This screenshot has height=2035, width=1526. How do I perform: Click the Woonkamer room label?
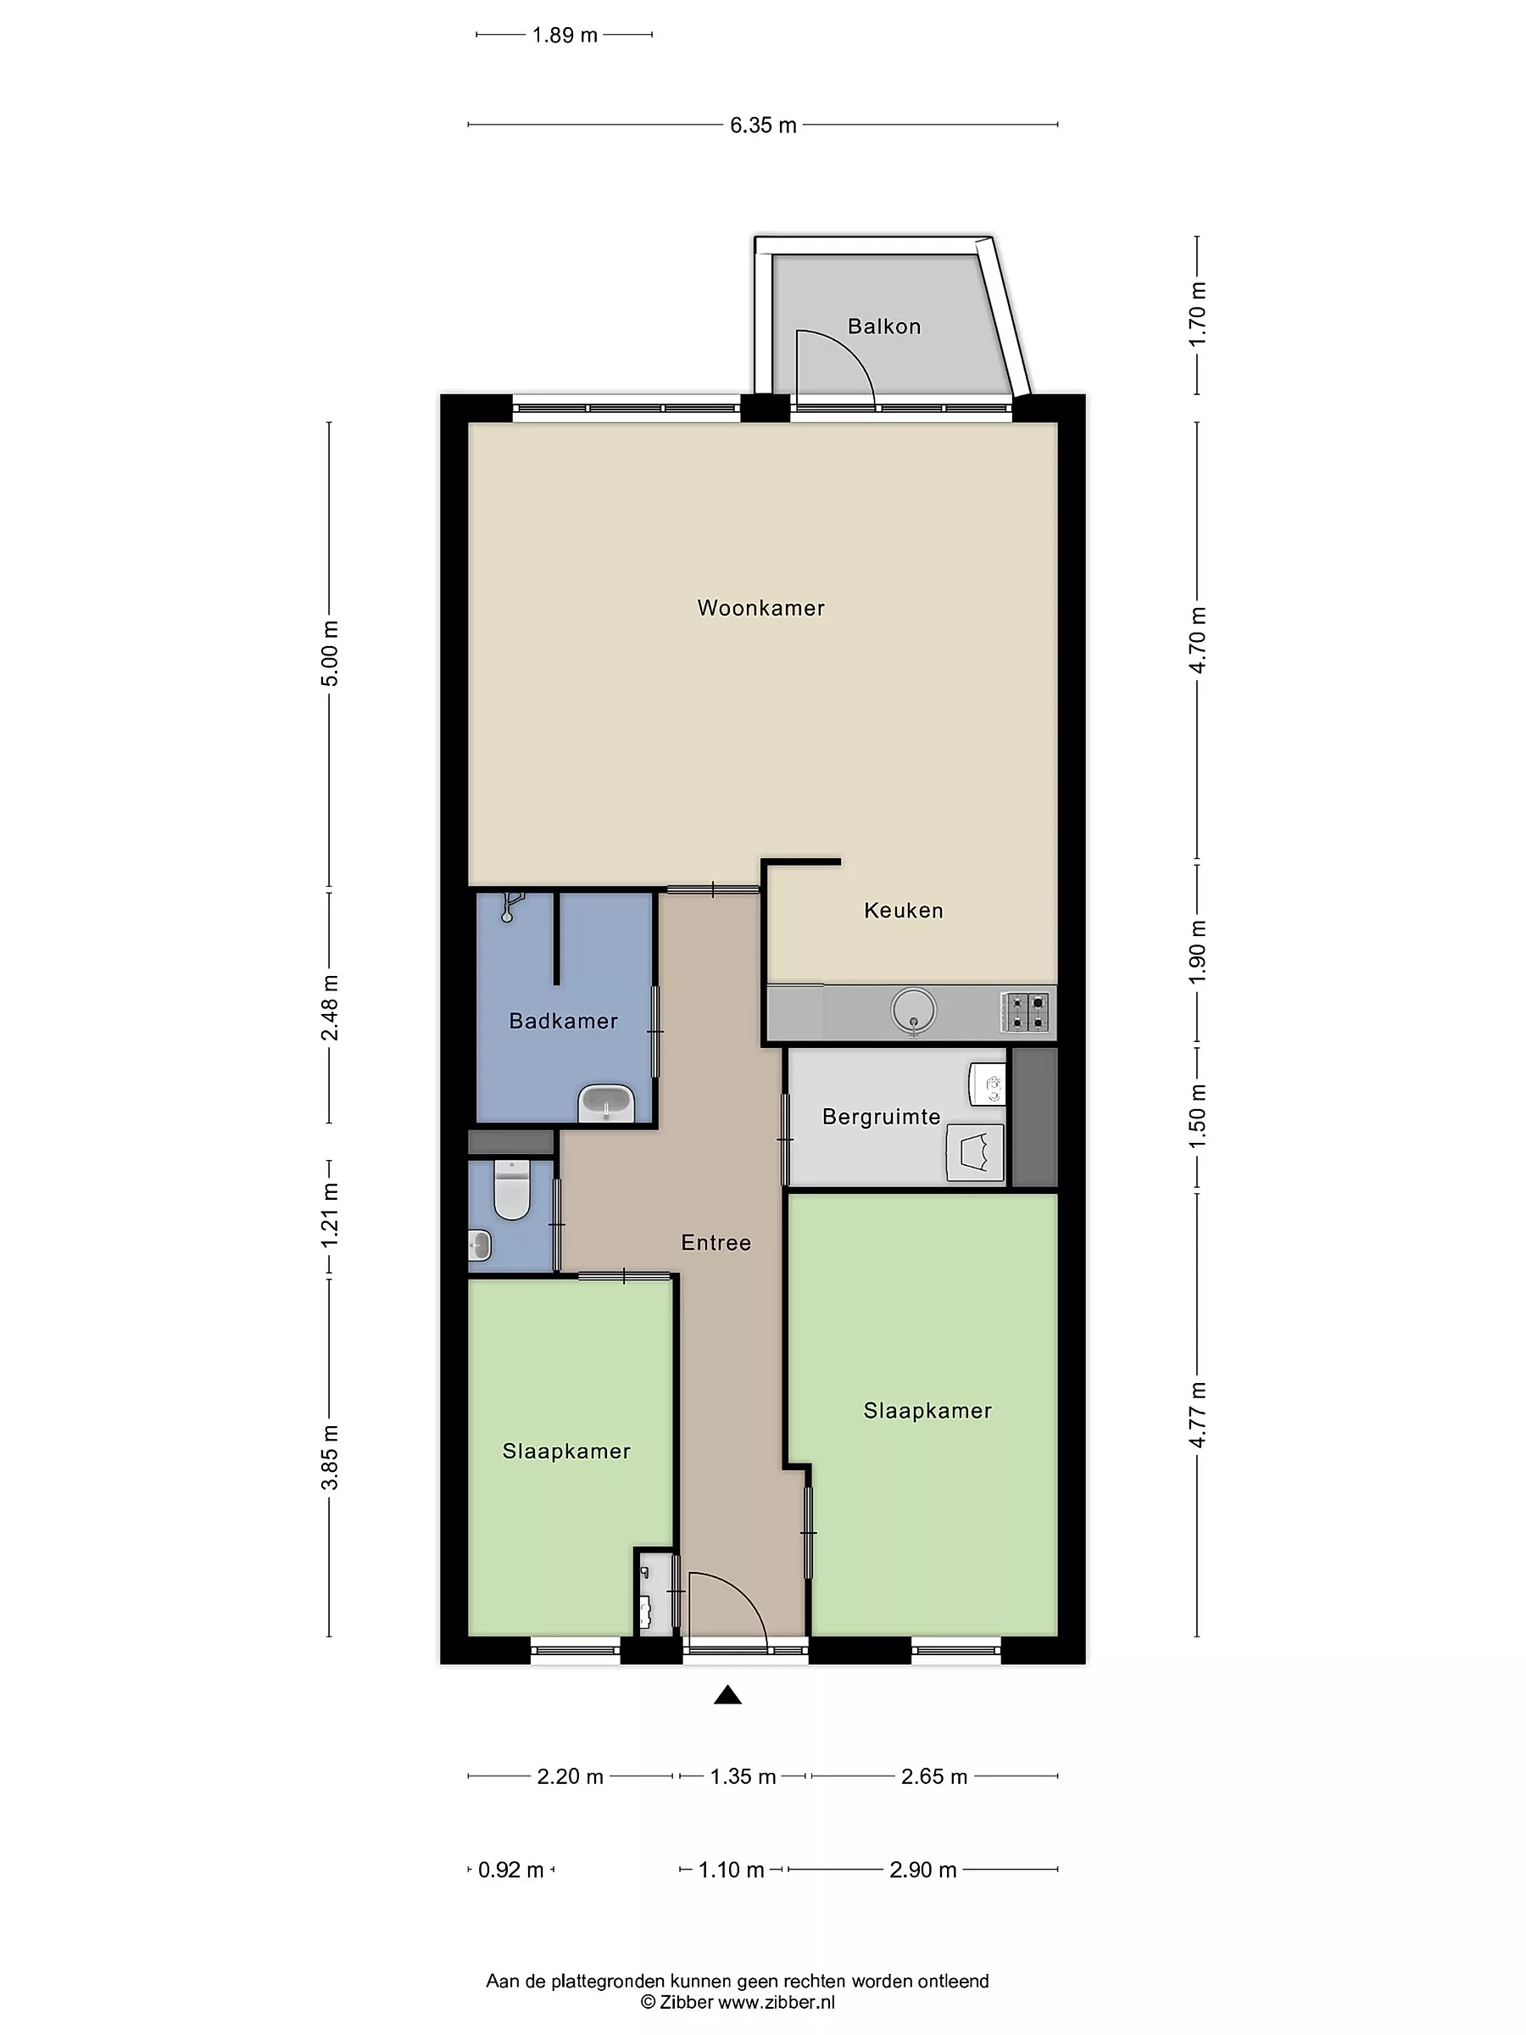pyautogui.click(x=760, y=608)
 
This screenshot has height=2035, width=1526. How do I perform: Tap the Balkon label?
pyautogui.click(x=884, y=326)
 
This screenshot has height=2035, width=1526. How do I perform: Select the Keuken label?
pyautogui.click(x=903, y=911)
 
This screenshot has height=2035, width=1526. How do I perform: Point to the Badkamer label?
pyautogui.click(x=563, y=1020)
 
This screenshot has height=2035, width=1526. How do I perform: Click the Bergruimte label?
pyautogui.click(x=881, y=1117)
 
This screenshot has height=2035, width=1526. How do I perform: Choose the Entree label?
pyautogui.click(x=716, y=1243)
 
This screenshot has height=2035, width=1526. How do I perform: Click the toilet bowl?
pyautogui.click(x=511, y=1190)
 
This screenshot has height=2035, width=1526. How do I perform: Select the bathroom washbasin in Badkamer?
pyautogui.click(x=605, y=1103)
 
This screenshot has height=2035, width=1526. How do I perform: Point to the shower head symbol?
pyautogui.click(x=511, y=906)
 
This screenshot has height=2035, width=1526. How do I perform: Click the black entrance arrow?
pyautogui.click(x=727, y=1695)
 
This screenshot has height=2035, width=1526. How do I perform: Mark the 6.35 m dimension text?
pyautogui.click(x=764, y=125)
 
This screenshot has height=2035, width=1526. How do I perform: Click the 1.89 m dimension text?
pyautogui.click(x=565, y=36)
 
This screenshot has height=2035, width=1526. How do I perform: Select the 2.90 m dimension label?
pyautogui.click(x=923, y=1871)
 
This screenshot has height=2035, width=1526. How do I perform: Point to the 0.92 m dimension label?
pyautogui.click(x=511, y=1871)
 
